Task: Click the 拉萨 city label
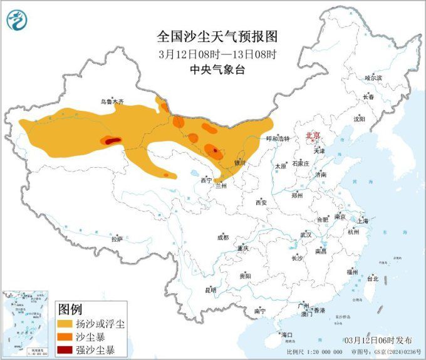coord(117,239)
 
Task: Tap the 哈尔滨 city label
coord(373,78)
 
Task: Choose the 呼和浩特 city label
coord(278,139)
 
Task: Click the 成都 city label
coord(222,237)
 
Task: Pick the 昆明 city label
coord(210,290)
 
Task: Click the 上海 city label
coord(361,221)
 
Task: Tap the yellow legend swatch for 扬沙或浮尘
coord(65,324)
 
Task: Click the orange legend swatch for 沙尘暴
coord(65,337)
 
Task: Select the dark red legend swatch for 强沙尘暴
coord(65,349)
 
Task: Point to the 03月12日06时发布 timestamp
coord(378,340)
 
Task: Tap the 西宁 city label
coord(206,180)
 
